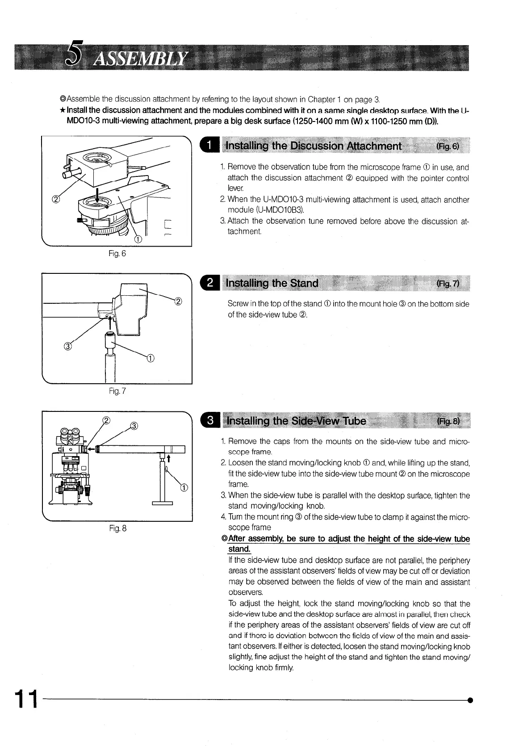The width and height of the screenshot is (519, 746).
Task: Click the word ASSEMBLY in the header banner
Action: point(139,59)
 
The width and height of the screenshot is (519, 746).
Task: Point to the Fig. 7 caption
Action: point(117,391)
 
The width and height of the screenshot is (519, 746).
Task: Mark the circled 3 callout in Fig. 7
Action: point(68,345)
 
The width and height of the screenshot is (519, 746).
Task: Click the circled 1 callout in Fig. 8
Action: point(184,487)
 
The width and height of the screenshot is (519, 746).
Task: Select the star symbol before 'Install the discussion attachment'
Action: point(63,110)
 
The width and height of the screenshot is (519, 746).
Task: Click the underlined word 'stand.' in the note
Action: point(239,549)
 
